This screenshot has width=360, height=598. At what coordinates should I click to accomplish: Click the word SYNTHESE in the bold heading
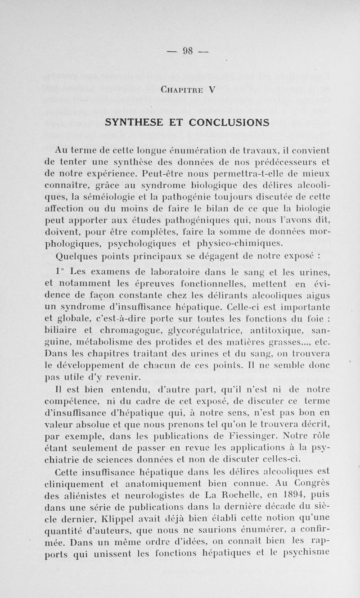pyautogui.click(x=139, y=122)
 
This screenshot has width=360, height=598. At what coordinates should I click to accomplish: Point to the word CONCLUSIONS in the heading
pyautogui.click(x=229, y=122)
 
